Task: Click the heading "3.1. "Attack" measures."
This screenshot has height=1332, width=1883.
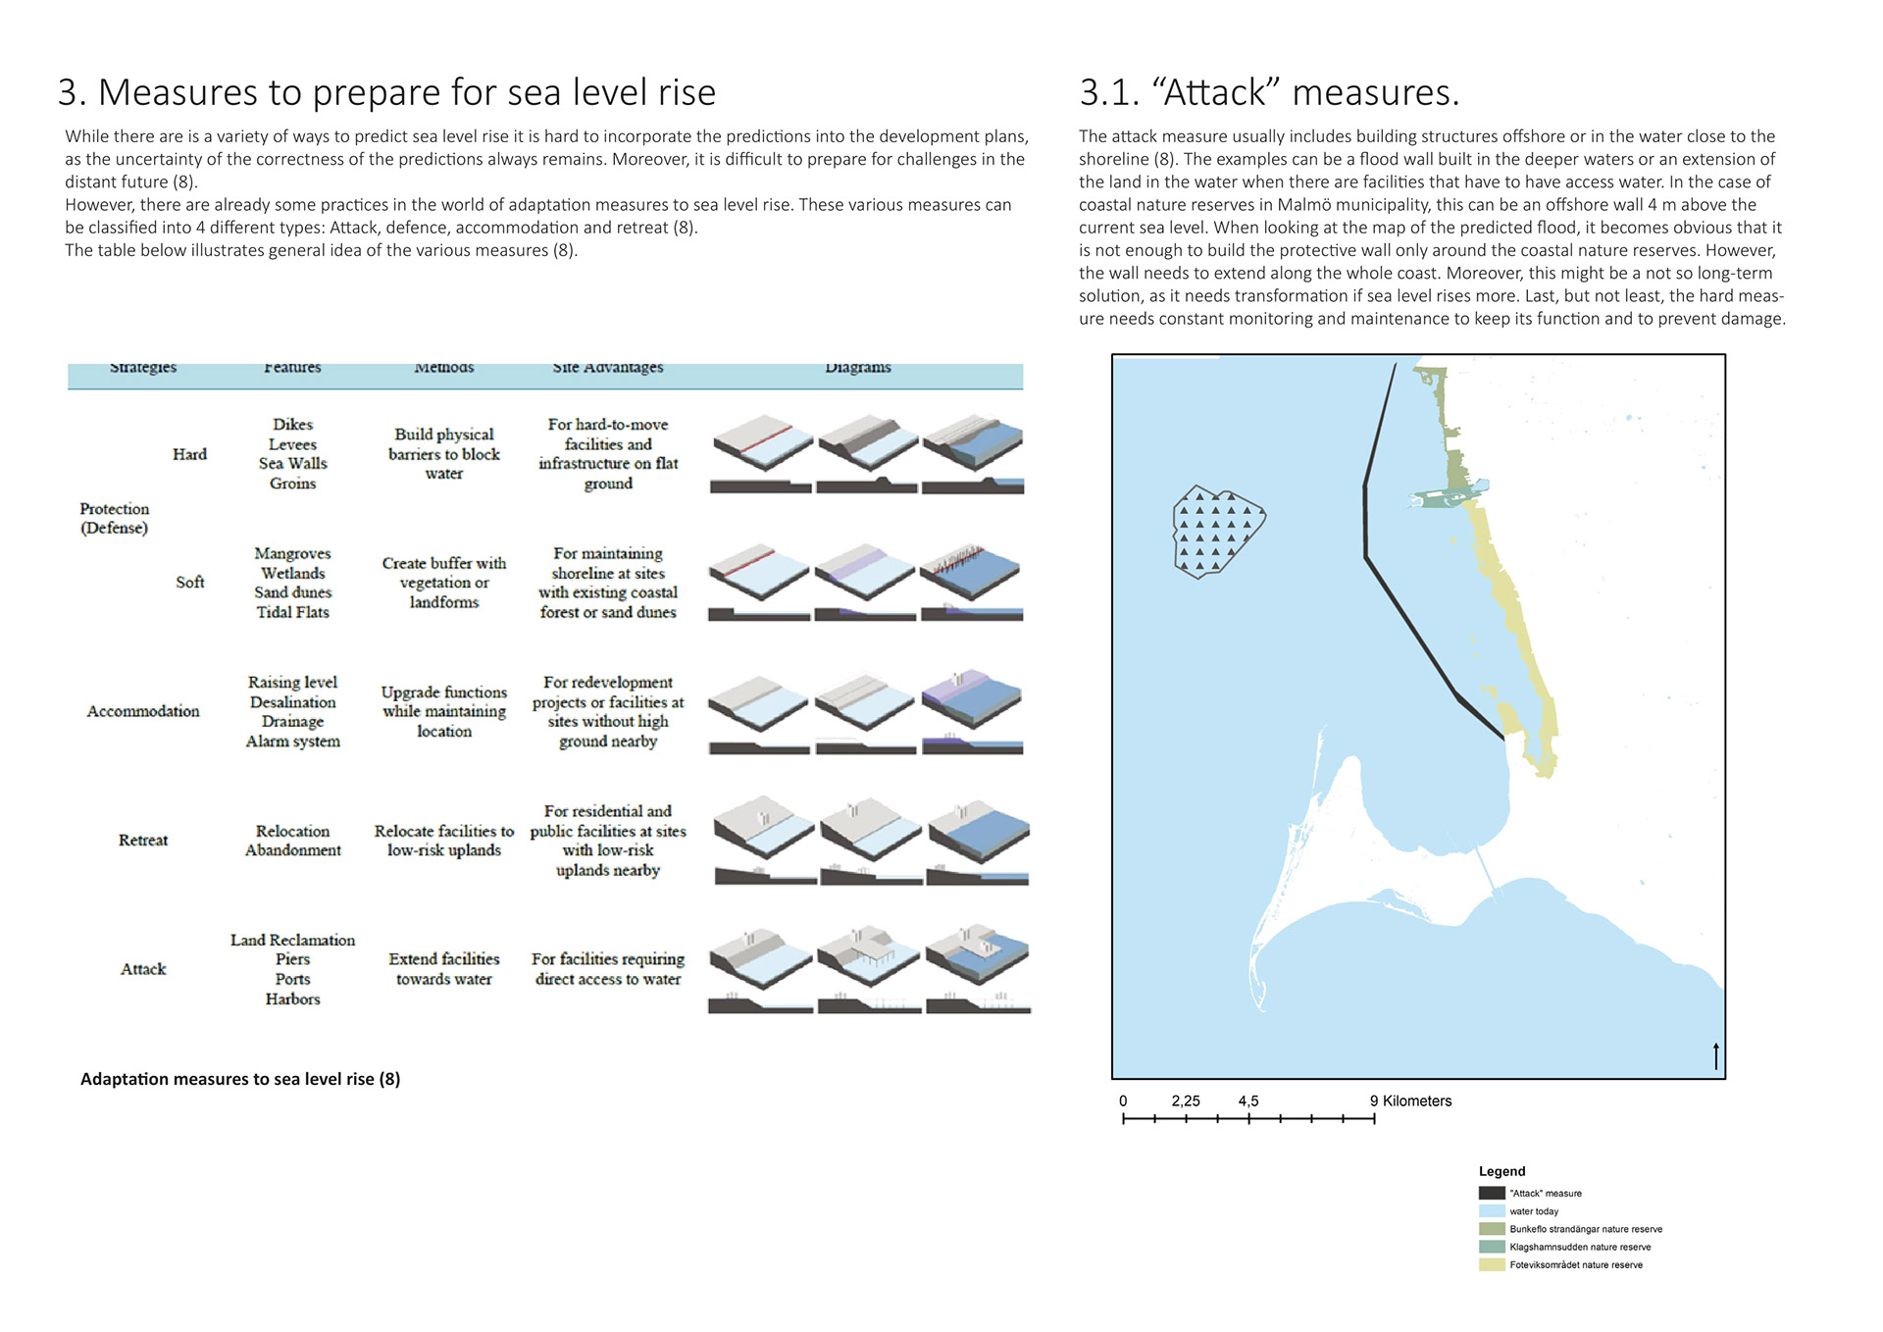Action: [1269, 92]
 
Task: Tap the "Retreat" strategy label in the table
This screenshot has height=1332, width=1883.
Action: [143, 841]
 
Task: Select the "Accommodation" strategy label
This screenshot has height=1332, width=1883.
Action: [143, 711]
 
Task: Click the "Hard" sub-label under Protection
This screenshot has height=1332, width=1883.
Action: [189, 454]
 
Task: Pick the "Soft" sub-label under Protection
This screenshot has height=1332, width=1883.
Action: [189, 583]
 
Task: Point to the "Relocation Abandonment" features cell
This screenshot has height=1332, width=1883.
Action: [292, 841]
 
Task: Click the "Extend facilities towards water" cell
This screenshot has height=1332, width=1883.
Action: [443, 969]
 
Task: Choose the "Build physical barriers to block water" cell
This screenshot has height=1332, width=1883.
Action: [443, 453]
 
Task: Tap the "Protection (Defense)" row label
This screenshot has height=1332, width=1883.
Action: [115, 518]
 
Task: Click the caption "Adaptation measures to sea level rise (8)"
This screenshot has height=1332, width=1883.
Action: [240, 1079]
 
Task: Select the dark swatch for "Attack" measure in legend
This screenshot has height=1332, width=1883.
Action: [1492, 1194]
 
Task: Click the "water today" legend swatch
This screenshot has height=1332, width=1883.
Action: [1492, 1211]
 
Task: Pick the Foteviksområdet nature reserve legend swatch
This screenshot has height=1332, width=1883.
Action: [1492, 1265]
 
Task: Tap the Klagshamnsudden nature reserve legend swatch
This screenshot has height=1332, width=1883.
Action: [1492, 1248]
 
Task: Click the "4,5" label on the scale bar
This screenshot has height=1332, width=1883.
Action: [1247, 1101]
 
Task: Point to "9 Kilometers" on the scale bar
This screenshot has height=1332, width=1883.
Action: [1410, 1101]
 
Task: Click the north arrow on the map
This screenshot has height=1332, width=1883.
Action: [1715, 1056]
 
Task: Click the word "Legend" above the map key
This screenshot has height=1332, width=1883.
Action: [1501, 1171]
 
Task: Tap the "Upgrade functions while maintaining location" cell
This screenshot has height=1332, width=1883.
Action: [443, 711]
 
